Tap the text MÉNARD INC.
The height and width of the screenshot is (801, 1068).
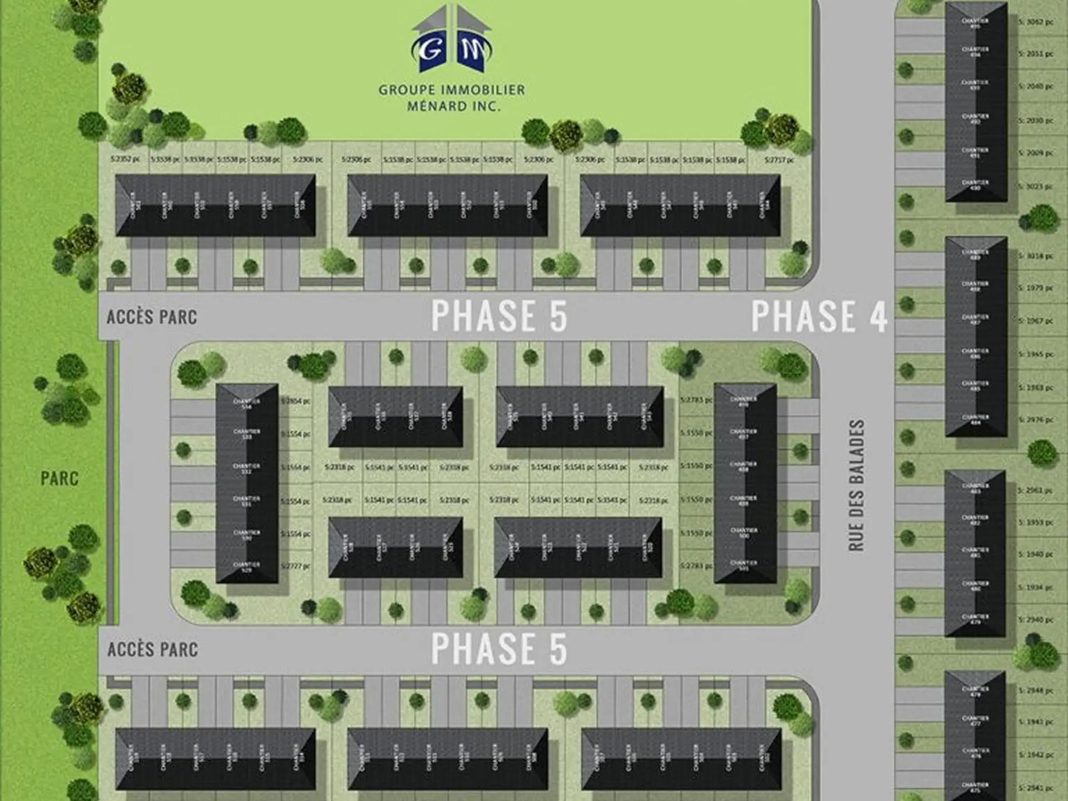click(453, 106)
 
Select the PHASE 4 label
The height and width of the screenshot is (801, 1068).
click(819, 316)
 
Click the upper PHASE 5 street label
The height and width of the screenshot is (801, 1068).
click(499, 315)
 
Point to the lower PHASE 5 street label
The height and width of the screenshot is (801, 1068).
click(499, 648)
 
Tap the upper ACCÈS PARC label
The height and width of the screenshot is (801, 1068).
click(152, 317)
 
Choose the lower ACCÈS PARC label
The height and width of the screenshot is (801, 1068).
click(152, 649)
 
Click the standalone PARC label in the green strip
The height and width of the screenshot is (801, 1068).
click(60, 478)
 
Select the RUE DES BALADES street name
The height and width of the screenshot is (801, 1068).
click(857, 485)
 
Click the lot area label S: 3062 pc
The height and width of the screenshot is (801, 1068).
click(1036, 22)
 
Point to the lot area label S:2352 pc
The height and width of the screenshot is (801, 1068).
click(125, 160)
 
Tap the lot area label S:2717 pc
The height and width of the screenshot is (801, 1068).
click(779, 160)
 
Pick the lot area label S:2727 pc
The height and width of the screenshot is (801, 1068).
click(295, 566)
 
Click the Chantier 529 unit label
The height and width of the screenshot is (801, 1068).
click(246, 567)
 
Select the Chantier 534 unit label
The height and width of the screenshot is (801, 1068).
click(246, 403)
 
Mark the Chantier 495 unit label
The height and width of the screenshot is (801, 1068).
click(975, 23)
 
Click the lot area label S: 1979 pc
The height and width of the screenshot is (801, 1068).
click(1036, 288)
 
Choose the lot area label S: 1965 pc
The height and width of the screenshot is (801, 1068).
click(1036, 354)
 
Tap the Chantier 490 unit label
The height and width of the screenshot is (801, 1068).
click(975, 185)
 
